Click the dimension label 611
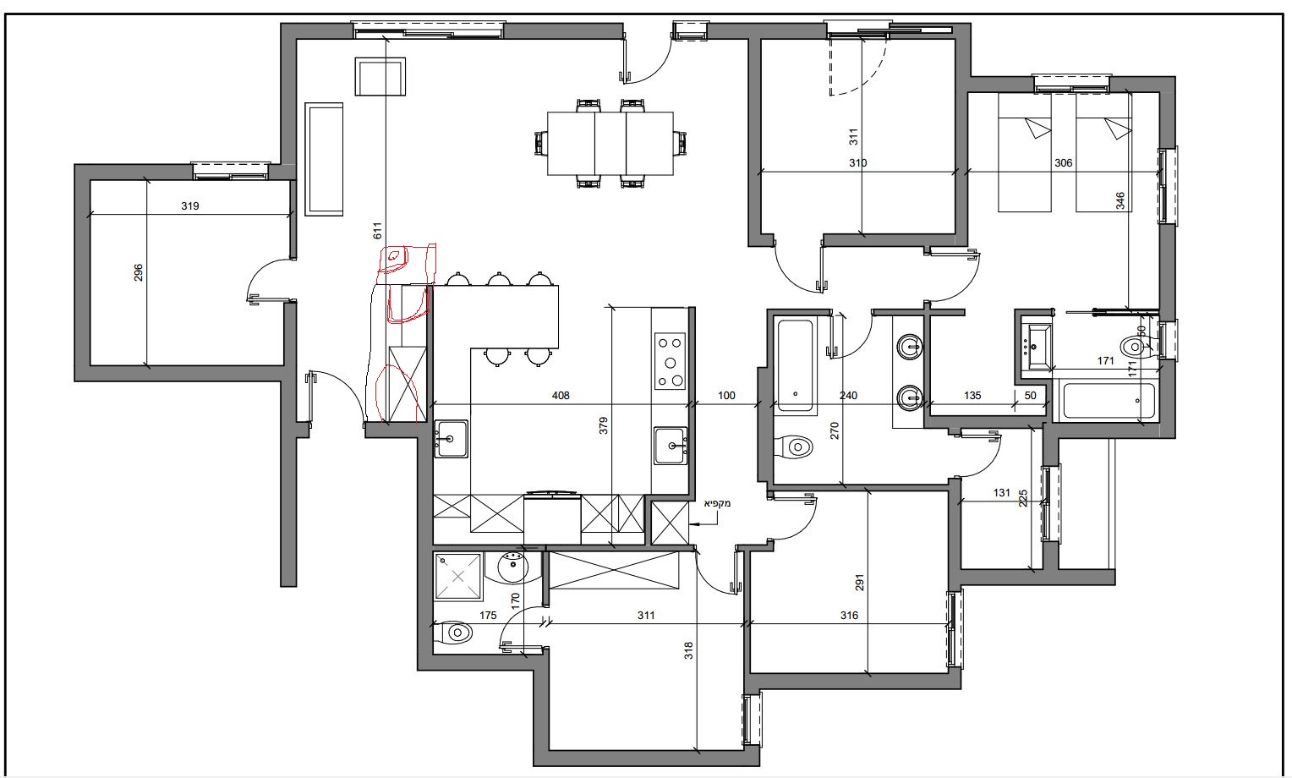pos(378,231)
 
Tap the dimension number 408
pos(561,396)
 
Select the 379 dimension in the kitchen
pos(604,425)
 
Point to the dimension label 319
pos(189,205)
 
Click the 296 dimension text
pos(139,273)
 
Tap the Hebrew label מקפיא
pos(717,503)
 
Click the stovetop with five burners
pos(670,361)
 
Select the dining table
pos(610,143)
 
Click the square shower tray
pos(458,576)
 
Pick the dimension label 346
pos(1120,200)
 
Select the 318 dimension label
pos(688,651)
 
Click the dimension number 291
pos(859,583)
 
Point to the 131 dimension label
pos(1002,493)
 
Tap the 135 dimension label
pos(972,396)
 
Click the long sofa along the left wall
pos(324,159)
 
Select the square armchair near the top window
pos(380,76)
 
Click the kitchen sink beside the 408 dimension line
pos(451,438)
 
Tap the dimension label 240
pos(848,396)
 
